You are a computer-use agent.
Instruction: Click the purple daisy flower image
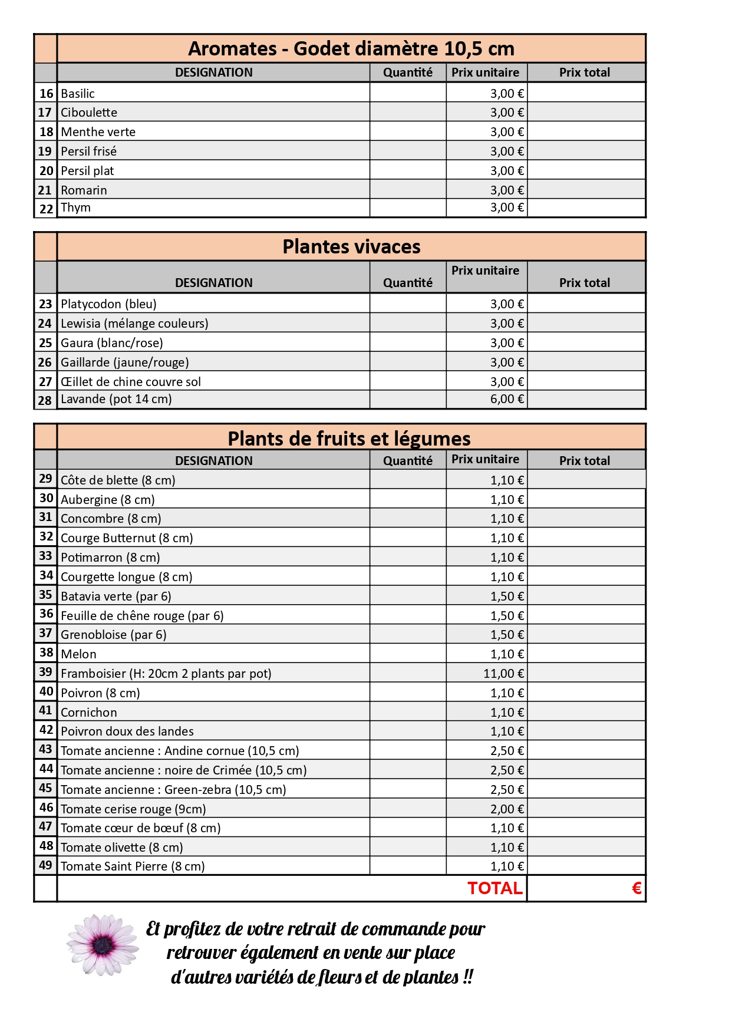(x=103, y=945)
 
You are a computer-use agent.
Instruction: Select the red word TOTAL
(x=494, y=888)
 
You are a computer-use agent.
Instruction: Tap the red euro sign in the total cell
(x=636, y=888)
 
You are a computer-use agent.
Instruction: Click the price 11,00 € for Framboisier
(x=503, y=673)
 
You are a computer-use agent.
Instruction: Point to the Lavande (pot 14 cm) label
(x=116, y=399)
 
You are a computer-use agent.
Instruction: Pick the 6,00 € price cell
(x=506, y=399)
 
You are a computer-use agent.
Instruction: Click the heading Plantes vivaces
(x=351, y=246)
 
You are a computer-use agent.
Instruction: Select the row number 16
(x=46, y=93)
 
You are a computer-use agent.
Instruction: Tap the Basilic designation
(x=78, y=93)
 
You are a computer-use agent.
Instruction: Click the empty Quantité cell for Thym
(x=408, y=207)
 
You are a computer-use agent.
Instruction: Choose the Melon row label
(x=78, y=654)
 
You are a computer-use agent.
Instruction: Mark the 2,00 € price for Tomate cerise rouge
(x=506, y=809)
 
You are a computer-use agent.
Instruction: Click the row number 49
(x=46, y=865)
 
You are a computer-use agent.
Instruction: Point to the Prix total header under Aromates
(x=584, y=72)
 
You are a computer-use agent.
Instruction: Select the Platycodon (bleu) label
(x=108, y=304)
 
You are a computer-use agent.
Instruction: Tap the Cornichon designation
(x=89, y=712)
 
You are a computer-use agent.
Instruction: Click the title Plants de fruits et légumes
(x=349, y=439)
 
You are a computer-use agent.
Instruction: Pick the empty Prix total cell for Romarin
(x=586, y=190)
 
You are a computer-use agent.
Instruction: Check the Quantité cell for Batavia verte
(x=408, y=596)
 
